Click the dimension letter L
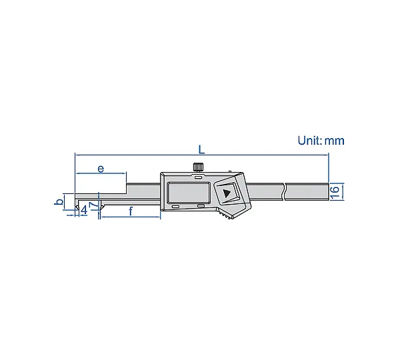[201, 150]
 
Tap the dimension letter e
[101, 169]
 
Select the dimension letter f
[131, 211]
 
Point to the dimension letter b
[59, 201]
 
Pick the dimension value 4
[84, 210]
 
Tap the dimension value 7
[93, 205]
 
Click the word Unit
[309, 141]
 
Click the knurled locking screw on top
[198, 167]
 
